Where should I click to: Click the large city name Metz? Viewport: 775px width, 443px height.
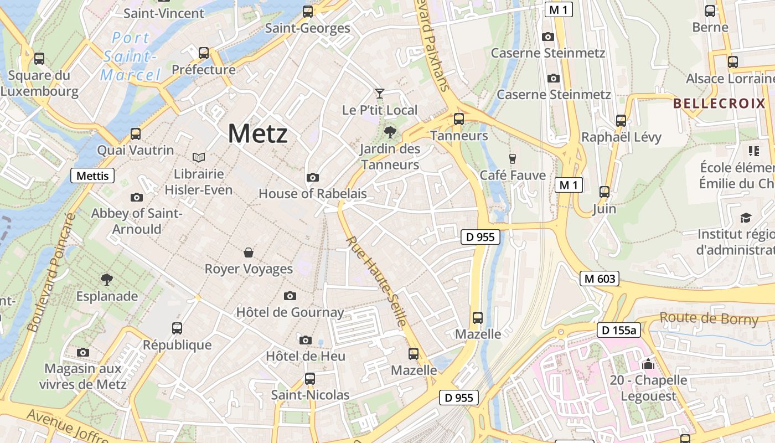pos(257,133)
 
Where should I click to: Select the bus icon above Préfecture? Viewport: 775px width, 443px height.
pos(204,53)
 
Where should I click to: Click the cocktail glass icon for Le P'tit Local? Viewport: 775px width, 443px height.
pos(379,93)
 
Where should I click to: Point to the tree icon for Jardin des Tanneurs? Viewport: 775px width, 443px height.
pos(390,132)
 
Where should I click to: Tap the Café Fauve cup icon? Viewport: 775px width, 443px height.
pos(512,158)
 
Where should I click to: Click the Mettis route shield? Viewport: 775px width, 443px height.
pos(92,176)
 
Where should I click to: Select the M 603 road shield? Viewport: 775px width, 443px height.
pos(599,279)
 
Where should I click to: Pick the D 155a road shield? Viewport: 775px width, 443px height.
pos(619,331)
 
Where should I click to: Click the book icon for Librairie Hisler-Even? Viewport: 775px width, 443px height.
pos(198,158)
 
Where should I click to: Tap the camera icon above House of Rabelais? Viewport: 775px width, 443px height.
pos(313,177)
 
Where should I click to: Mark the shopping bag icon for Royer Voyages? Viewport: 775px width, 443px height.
pos(249,253)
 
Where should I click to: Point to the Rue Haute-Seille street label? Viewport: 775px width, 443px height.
pos(377,281)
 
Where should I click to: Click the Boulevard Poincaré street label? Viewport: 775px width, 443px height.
pos(50,273)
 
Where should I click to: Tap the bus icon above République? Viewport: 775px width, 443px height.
pos(177,328)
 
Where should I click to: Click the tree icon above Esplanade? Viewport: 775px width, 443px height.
pos(107,279)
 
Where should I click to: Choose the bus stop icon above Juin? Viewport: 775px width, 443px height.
pos(604,192)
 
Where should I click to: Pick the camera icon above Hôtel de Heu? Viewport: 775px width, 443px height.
pos(305,339)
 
